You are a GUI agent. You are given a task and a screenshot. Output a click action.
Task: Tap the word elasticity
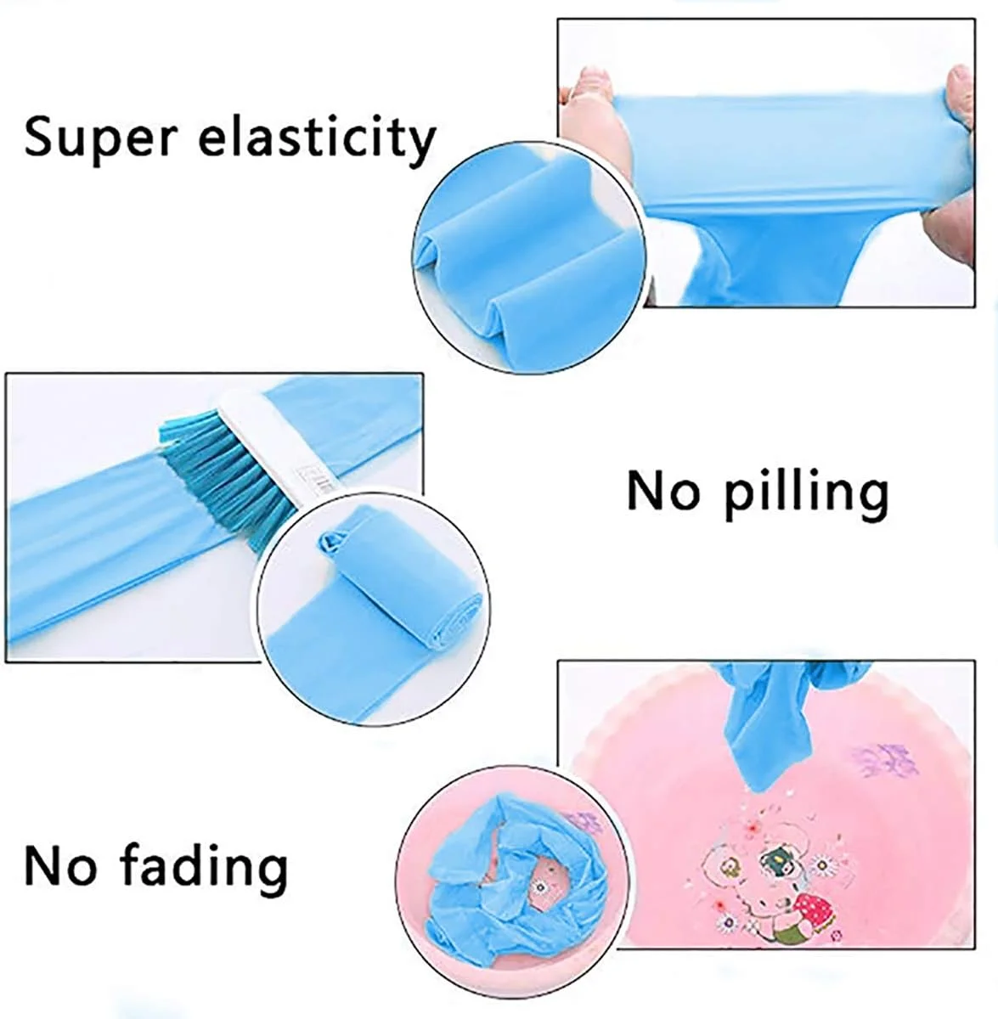[x=317, y=138]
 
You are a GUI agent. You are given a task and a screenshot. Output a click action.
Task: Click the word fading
[x=204, y=864]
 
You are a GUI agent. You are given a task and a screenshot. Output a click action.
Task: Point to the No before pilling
[x=664, y=491]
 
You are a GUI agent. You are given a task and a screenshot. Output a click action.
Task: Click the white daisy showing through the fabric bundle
[x=540, y=887]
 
